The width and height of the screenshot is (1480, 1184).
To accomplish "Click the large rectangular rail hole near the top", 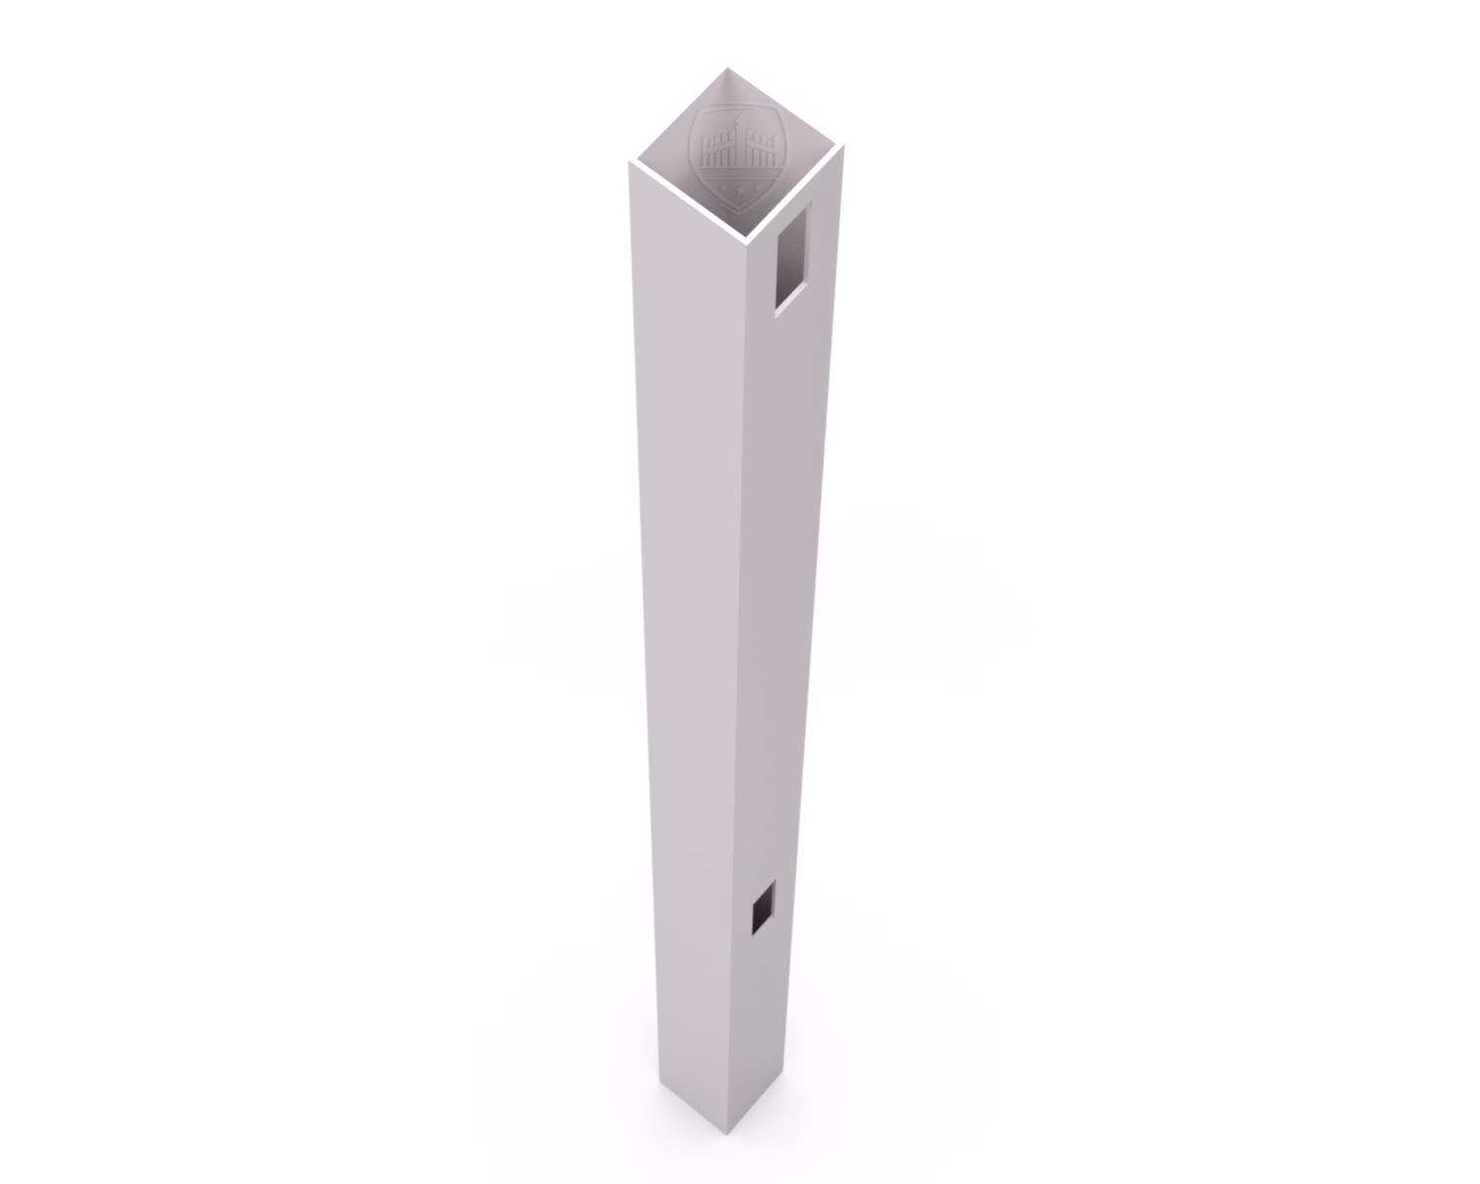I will (x=791, y=258).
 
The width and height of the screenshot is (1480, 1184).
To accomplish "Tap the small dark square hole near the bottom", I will (x=762, y=909).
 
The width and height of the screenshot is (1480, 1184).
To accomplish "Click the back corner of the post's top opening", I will (x=728, y=69).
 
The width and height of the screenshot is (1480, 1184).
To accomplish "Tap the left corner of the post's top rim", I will (x=631, y=163).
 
